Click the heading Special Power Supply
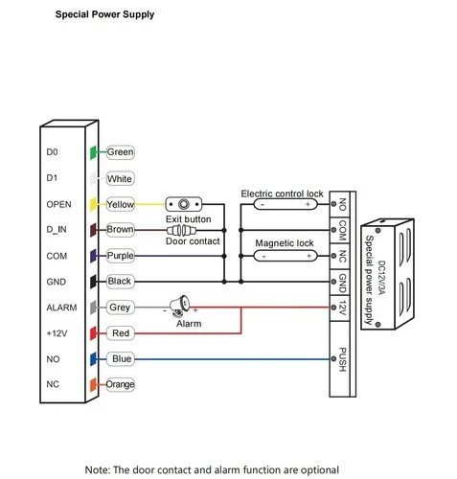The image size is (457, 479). click(103, 15)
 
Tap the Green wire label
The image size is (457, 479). click(120, 152)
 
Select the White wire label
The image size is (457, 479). click(120, 178)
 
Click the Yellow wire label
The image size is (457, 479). click(121, 204)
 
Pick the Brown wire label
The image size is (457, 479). click(120, 230)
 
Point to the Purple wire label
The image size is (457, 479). click(121, 256)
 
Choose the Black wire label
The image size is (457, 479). click(120, 282)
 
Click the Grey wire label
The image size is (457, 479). click(120, 308)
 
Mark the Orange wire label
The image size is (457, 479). click(121, 384)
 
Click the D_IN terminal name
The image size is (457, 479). click(57, 230)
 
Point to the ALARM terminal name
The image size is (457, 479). click(60, 308)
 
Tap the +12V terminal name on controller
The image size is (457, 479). click(57, 333)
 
